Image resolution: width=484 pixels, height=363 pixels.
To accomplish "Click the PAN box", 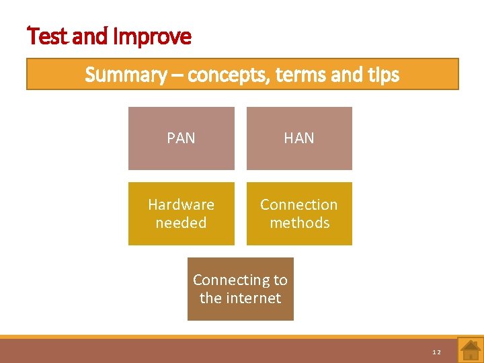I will coord(181,138).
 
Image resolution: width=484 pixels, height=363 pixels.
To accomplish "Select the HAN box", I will coord(299,138).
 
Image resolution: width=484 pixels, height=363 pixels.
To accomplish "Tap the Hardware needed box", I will coord(181,214).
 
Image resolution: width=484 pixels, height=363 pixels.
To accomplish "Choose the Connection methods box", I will coord(299,214).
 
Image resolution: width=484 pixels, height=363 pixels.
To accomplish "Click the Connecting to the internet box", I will coord(240,289).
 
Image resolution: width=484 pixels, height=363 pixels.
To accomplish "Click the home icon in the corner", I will coord(470,350).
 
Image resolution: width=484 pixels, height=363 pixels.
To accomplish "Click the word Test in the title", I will coord(48,36).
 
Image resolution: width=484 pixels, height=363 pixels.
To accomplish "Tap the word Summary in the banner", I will coord(126,75).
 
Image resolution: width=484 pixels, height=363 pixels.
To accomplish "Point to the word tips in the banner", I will coord(382,75).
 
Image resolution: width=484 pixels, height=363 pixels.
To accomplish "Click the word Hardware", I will coord(181,204).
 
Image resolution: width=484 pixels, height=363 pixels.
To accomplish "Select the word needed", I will coord(181,223).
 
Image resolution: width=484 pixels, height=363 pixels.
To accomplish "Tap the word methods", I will coord(299,223).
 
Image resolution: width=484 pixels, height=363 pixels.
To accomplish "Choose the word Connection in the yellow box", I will coord(299,204).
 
